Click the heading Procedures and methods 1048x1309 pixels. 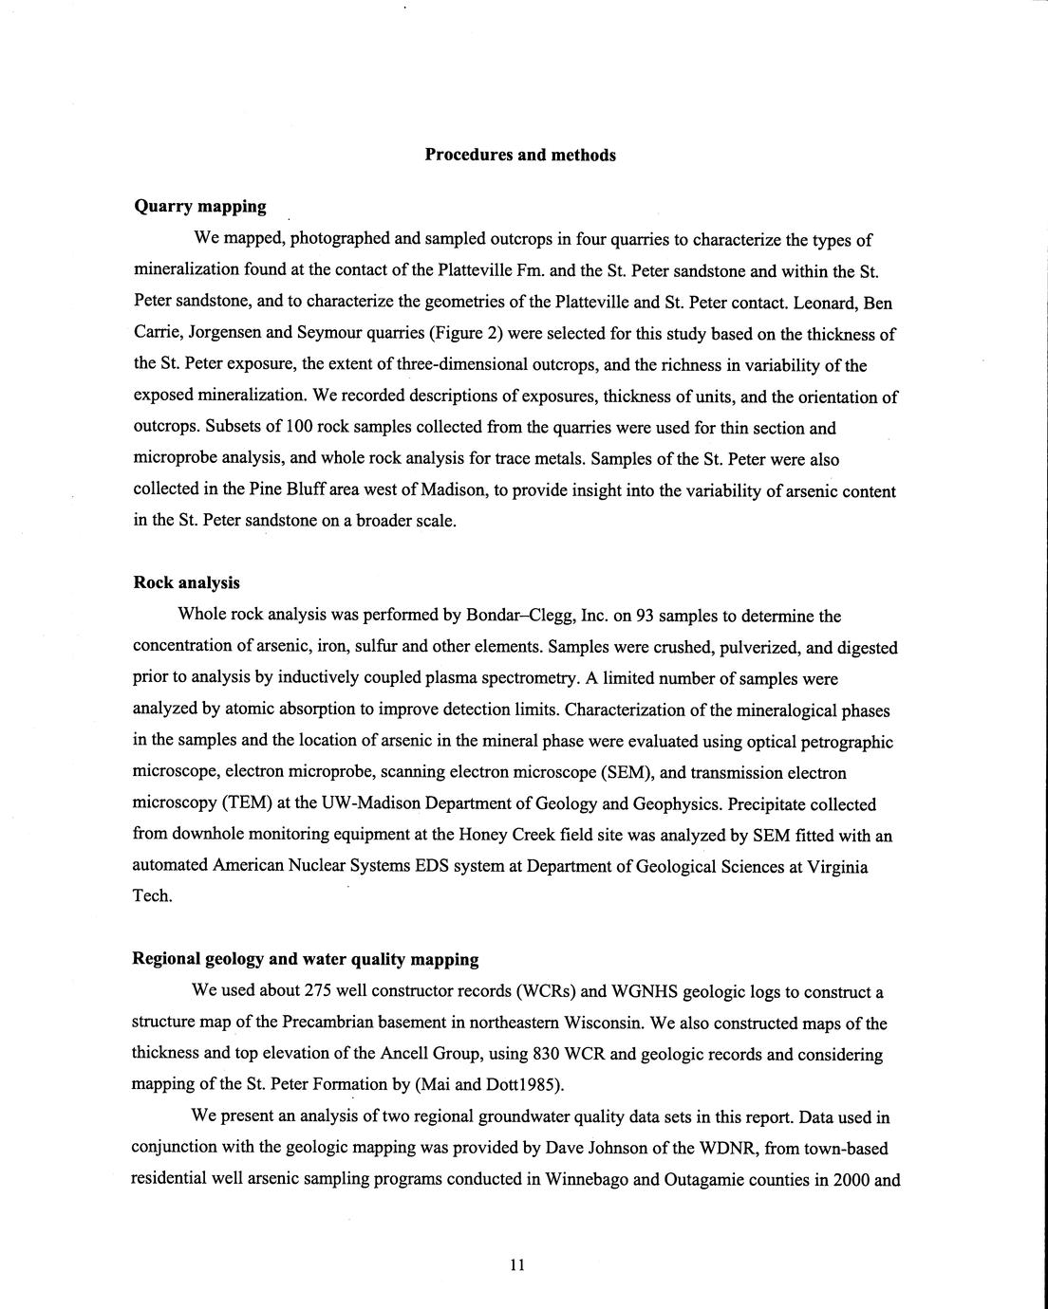pyautogui.click(x=520, y=155)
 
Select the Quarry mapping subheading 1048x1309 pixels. pyautogui.click(x=199, y=206)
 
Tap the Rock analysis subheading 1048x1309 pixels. pyautogui.click(x=186, y=583)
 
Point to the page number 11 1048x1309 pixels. pyautogui.click(x=516, y=1264)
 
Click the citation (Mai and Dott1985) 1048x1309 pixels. pyautogui.click(x=491, y=1085)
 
